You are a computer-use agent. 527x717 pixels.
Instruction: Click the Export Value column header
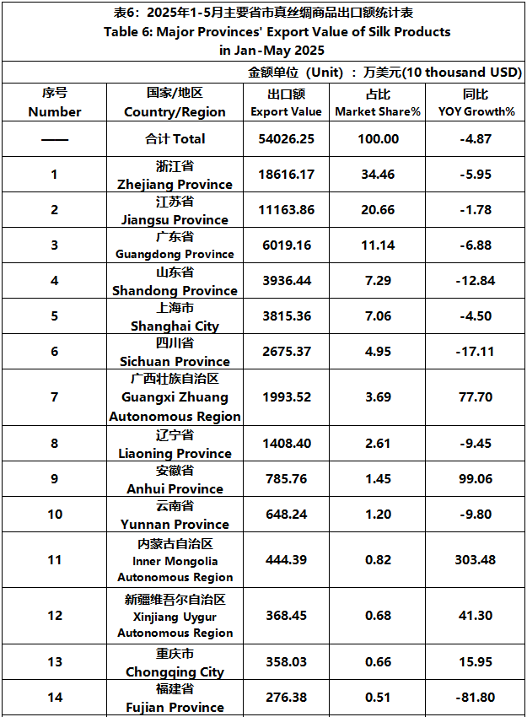click(286, 103)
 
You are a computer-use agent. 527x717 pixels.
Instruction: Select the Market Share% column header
click(378, 103)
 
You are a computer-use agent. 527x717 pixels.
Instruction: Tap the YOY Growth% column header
click(476, 103)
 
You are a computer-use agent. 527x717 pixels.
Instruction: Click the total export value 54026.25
click(286, 138)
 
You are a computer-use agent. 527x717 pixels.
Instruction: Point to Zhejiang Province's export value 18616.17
click(286, 175)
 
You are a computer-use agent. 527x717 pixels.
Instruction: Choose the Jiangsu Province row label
click(175, 210)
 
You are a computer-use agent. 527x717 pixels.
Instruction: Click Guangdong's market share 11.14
click(378, 245)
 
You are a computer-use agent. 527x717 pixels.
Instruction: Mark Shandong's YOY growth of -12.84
click(476, 281)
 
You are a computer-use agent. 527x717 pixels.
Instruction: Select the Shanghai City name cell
click(175, 316)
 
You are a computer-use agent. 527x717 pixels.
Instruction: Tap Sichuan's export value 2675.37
click(286, 352)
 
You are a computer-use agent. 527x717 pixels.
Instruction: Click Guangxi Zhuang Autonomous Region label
click(175, 397)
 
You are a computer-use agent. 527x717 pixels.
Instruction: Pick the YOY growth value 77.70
click(476, 397)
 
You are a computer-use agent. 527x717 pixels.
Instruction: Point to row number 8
click(55, 444)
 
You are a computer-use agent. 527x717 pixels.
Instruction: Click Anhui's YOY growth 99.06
click(476, 479)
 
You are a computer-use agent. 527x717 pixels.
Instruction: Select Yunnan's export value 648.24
click(286, 515)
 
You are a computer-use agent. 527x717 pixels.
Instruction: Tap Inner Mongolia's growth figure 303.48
click(476, 560)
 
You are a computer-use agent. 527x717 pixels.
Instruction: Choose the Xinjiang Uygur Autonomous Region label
click(175, 616)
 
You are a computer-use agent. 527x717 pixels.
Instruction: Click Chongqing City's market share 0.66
click(378, 662)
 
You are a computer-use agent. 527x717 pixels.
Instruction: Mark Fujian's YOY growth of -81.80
click(476, 698)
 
